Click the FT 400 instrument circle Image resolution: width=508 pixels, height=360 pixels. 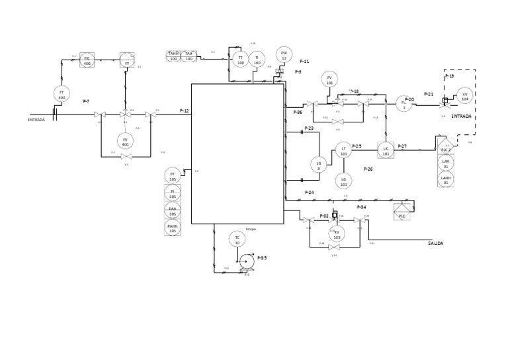pos(62,94)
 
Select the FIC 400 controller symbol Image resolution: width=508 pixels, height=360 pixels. pos(87,60)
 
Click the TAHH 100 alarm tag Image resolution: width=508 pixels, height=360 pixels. pos(173,56)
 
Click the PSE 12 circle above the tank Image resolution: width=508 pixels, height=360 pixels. pos(284,55)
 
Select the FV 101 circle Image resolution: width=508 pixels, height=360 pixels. pos(329,81)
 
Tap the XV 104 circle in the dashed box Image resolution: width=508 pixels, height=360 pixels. pos(464,97)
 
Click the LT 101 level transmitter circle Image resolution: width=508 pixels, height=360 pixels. pos(343,151)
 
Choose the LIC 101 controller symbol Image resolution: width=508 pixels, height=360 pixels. pos(386,150)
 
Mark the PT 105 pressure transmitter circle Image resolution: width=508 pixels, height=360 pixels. pos(173,176)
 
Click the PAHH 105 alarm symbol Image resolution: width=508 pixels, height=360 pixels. pos(173,228)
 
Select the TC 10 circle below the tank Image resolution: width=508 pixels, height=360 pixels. pos(237,240)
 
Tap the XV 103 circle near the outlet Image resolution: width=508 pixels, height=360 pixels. pos(337,234)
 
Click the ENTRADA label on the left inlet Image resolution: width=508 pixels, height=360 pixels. pos(36,120)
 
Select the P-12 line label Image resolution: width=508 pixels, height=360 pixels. pos(184,111)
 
